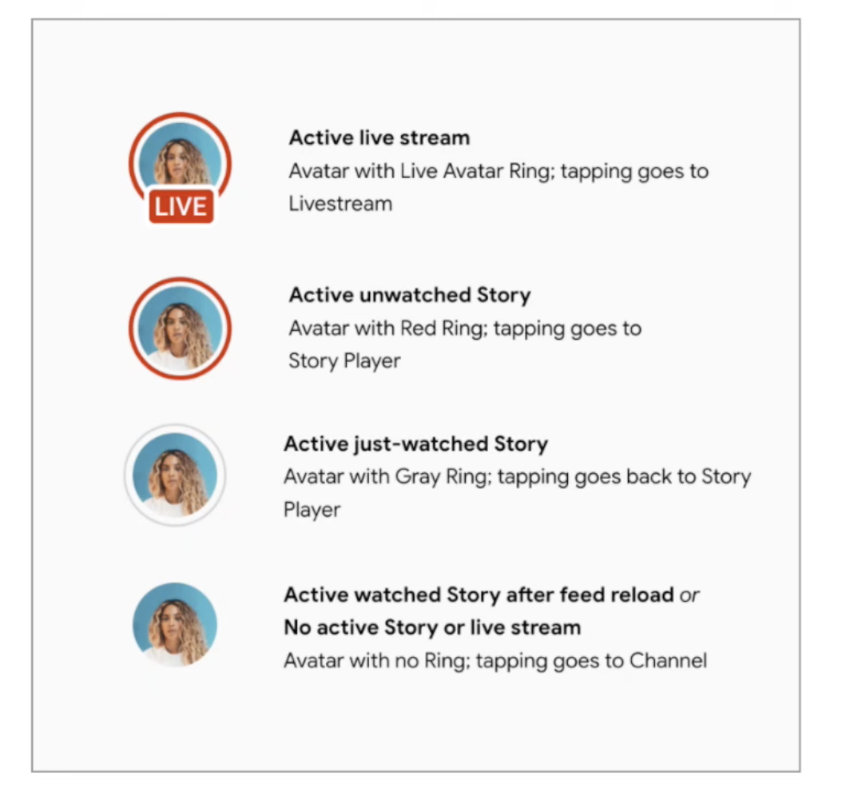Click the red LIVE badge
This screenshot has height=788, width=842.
[x=181, y=207]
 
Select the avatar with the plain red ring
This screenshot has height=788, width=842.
[x=180, y=328]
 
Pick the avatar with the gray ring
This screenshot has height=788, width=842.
[x=175, y=475]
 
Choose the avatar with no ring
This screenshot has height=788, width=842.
[x=175, y=625]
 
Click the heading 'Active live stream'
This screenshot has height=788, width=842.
[x=379, y=137]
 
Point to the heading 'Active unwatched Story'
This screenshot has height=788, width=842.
[x=409, y=295]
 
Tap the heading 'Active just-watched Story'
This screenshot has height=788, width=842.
[x=415, y=444]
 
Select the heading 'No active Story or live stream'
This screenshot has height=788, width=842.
[x=431, y=627]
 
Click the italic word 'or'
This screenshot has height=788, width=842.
[x=689, y=595]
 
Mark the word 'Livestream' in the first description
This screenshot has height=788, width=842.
[x=340, y=203]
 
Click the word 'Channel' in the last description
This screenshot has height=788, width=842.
[x=668, y=661]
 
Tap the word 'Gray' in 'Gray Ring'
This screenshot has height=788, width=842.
[x=419, y=477]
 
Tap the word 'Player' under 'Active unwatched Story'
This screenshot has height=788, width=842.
[x=371, y=361]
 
